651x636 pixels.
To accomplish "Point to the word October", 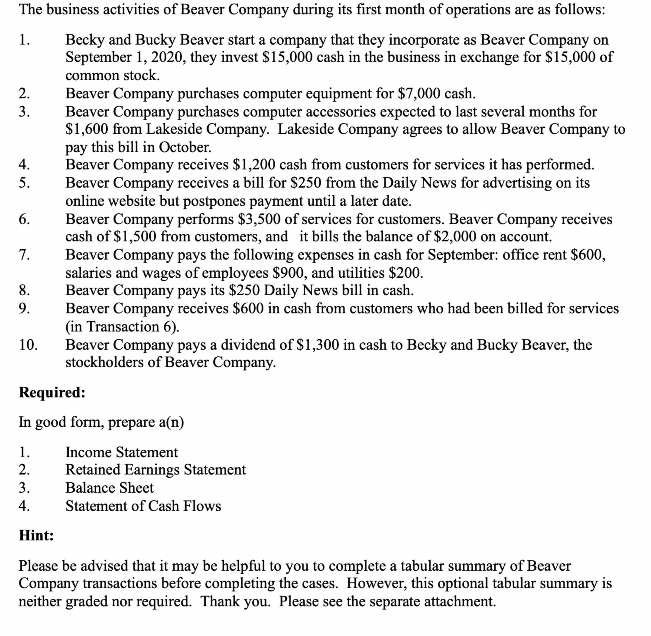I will [x=185, y=147].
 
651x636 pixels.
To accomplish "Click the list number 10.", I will [x=28, y=345].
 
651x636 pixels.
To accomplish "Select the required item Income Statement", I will [x=122, y=452].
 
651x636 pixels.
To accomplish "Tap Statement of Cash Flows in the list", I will [x=143, y=506].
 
